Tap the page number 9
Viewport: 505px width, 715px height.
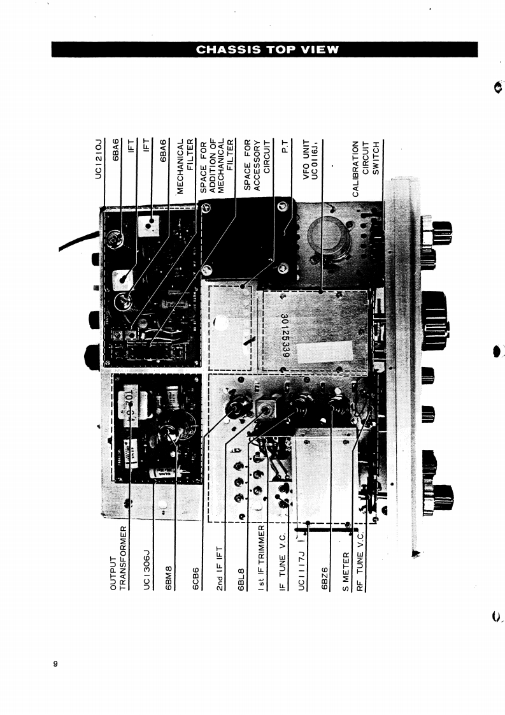[55, 665]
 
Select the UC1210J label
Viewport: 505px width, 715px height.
[99, 159]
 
